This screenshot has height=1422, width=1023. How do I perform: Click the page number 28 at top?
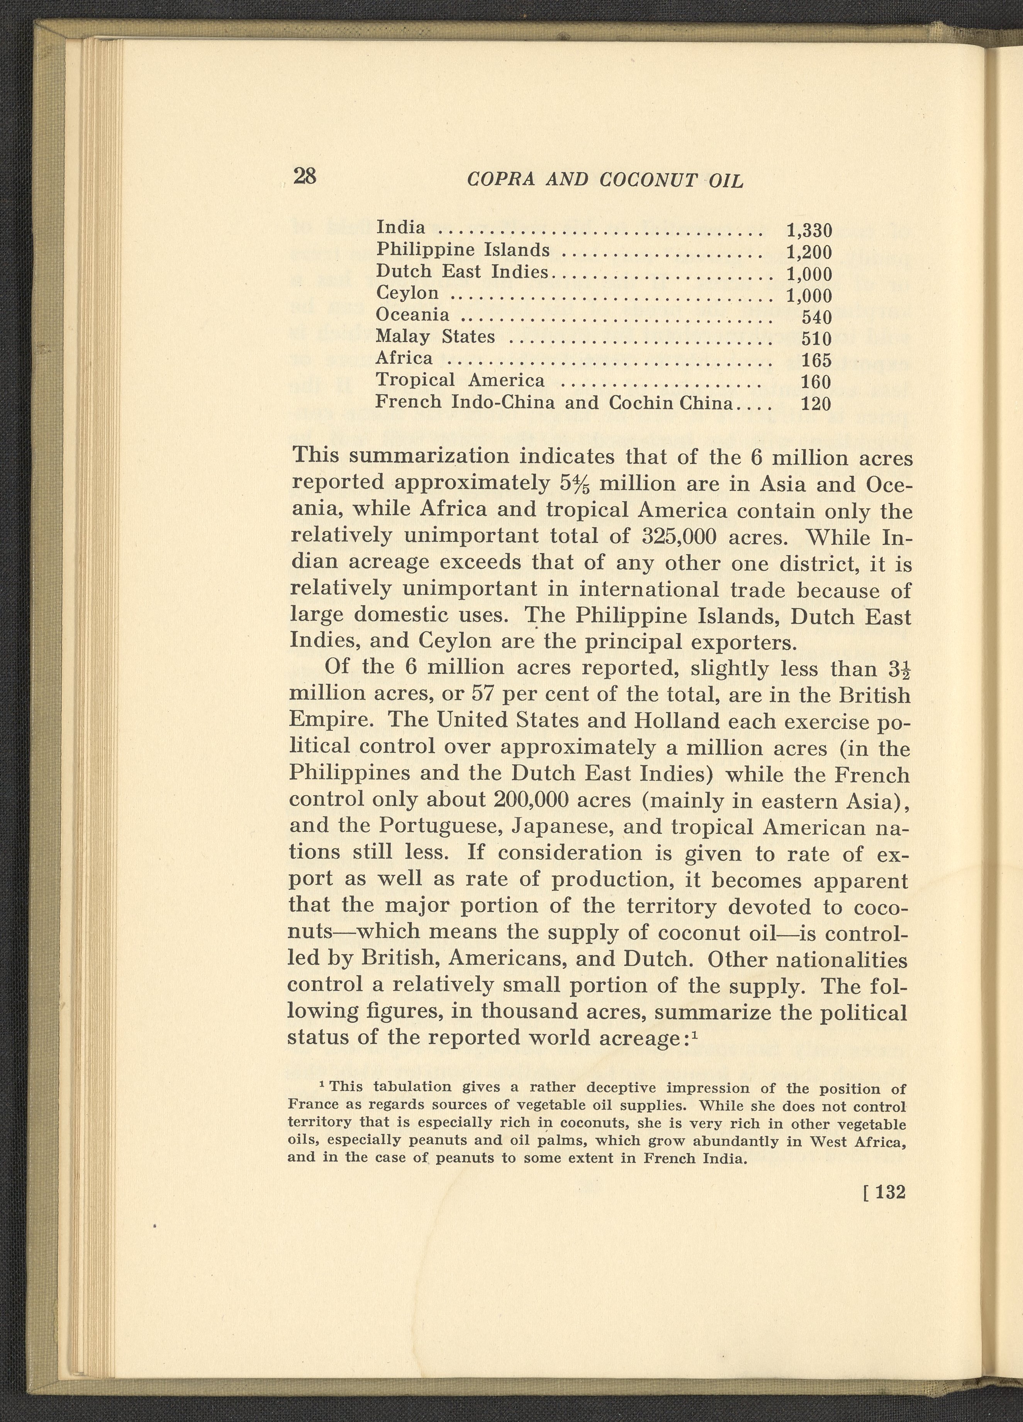tap(305, 177)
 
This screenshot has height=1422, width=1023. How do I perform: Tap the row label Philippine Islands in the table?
tap(463, 250)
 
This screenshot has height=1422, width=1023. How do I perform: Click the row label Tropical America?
tap(460, 380)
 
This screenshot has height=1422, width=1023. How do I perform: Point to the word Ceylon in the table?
tap(407, 294)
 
